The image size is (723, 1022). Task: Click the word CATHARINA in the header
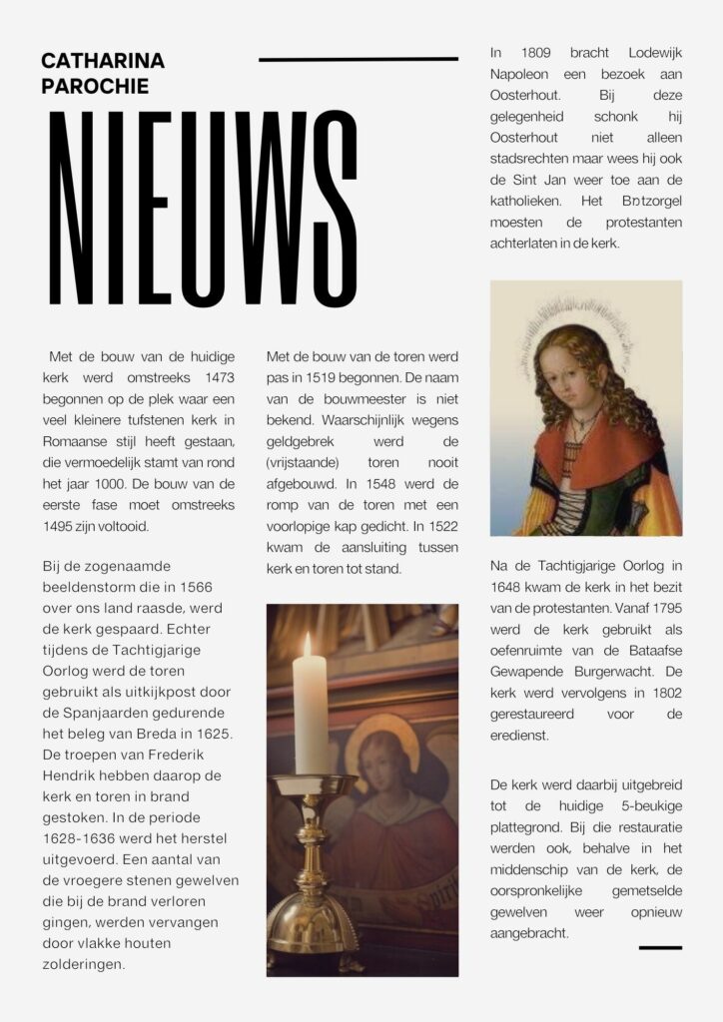click(103, 61)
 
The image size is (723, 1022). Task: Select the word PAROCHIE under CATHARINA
click(95, 86)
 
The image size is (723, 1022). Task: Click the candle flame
click(307, 644)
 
